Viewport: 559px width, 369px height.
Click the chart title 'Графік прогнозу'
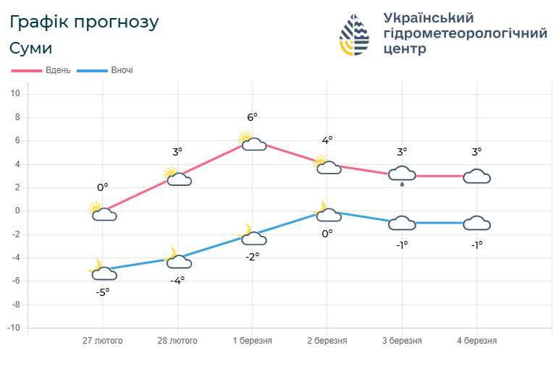click(x=84, y=22)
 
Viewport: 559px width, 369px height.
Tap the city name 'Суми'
click(x=31, y=48)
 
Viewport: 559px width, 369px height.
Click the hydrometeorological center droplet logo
click(x=354, y=35)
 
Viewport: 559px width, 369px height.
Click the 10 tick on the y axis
click(x=14, y=93)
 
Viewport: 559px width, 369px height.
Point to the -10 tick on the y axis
click(x=14, y=328)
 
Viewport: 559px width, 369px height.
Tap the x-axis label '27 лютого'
click(x=102, y=341)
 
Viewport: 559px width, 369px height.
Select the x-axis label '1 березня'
click(x=252, y=341)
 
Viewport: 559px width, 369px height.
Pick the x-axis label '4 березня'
click(x=476, y=341)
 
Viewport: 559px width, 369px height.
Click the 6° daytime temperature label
click(x=252, y=116)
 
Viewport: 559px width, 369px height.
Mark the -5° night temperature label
click(x=102, y=292)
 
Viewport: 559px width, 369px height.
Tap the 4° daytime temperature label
click(x=327, y=140)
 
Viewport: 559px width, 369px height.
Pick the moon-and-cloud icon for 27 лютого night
click(x=103, y=271)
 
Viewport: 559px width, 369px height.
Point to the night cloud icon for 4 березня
click(x=476, y=223)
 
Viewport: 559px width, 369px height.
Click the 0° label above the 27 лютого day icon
click(x=102, y=187)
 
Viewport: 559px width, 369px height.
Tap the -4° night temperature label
click(x=177, y=281)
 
